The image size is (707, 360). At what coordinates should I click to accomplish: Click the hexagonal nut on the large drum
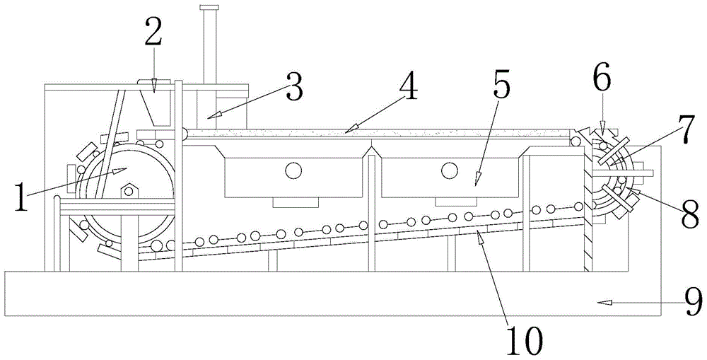[x=129, y=191]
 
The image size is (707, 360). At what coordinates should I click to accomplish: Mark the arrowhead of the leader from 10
[x=481, y=238]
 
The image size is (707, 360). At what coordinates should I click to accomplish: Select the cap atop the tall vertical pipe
[x=209, y=8]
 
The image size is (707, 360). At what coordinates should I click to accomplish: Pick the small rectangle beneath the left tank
[x=296, y=203]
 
